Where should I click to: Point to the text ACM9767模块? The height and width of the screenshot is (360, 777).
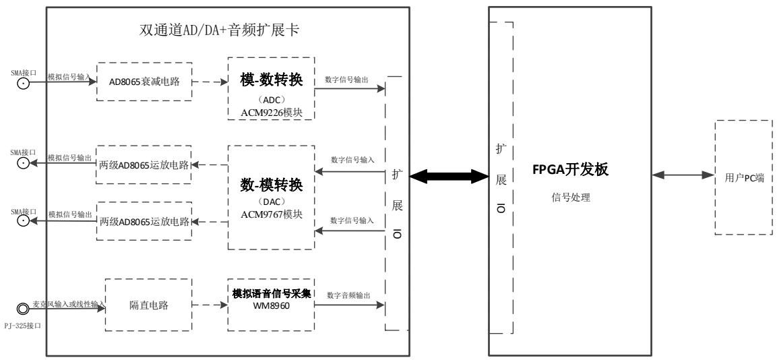point(272,214)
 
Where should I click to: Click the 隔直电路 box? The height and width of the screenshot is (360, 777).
point(144,304)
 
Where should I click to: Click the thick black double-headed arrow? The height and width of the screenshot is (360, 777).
point(447,177)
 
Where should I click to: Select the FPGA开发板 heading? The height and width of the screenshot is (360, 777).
point(570,171)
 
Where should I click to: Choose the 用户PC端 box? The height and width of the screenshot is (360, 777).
point(743,177)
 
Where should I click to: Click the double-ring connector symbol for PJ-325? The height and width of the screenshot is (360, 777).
point(24,308)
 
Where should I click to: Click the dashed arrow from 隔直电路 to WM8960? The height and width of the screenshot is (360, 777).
point(210,305)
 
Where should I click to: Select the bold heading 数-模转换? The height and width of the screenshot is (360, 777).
point(272,183)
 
